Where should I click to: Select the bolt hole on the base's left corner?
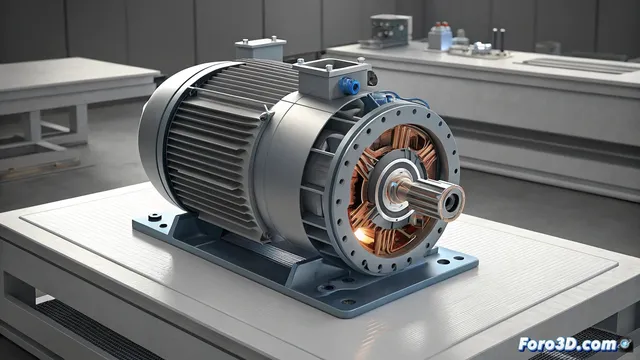click(152, 216)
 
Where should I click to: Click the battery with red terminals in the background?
click(440, 37)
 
